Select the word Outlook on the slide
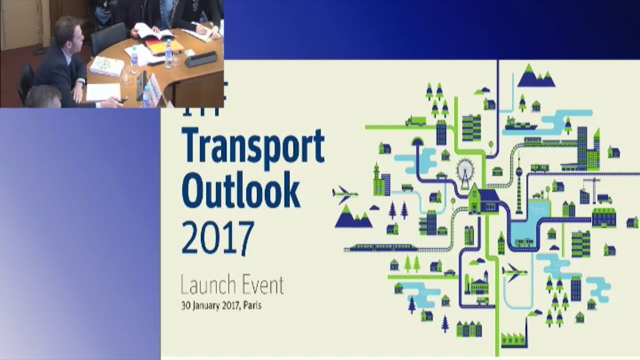click(240, 191)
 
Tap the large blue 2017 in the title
click(217, 238)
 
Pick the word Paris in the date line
click(252, 305)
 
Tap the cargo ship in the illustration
click(520, 124)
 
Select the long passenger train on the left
click(380, 247)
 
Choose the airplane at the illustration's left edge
click(344, 193)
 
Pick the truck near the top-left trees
click(415, 120)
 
